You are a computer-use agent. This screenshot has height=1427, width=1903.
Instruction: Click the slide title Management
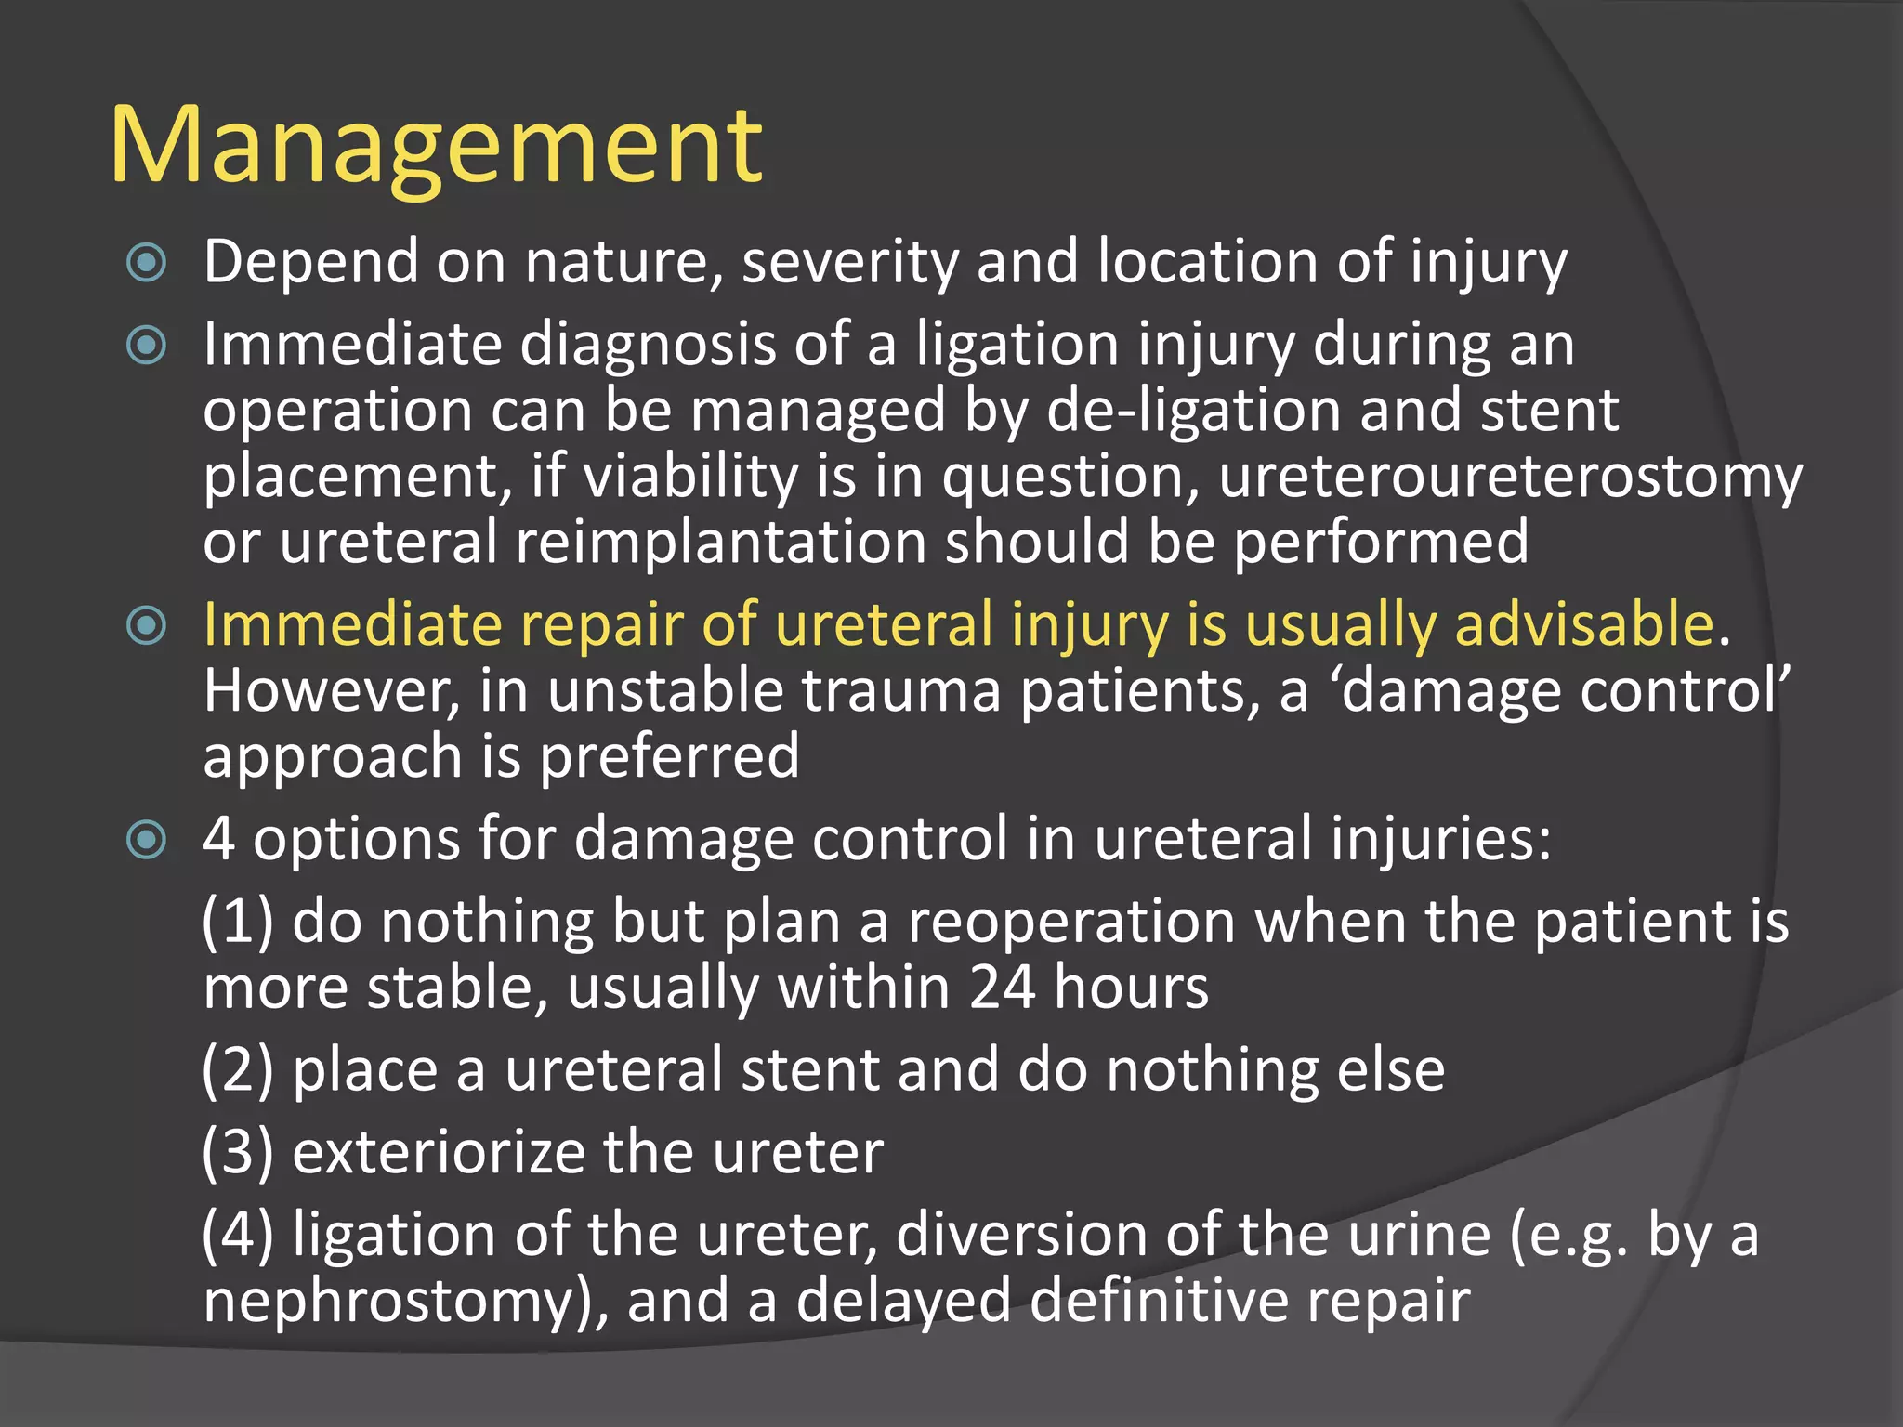[436, 147]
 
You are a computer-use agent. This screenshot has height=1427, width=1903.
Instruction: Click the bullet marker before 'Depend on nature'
[146, 263]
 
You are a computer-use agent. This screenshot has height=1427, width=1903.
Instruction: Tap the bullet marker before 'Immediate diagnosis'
[146, 346]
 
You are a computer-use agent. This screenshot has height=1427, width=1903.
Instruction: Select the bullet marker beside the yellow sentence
[146, 625]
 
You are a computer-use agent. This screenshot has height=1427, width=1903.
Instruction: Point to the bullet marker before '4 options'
[146, 840]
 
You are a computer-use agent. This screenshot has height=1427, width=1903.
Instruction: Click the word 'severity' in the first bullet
[849, 263]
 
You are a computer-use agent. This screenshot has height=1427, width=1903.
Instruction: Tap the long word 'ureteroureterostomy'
[1510, 477]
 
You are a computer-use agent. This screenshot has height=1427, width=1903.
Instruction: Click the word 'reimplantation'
[721, 543]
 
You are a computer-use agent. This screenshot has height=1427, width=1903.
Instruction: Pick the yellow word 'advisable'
[1583, 624]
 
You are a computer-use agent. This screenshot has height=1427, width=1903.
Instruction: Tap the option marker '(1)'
[238, 923]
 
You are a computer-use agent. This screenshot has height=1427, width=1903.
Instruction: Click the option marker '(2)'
[238, 1070]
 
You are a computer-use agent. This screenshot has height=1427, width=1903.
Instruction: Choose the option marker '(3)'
[238, 1153]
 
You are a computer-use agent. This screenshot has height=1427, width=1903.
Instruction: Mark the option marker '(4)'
[238, 1236]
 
